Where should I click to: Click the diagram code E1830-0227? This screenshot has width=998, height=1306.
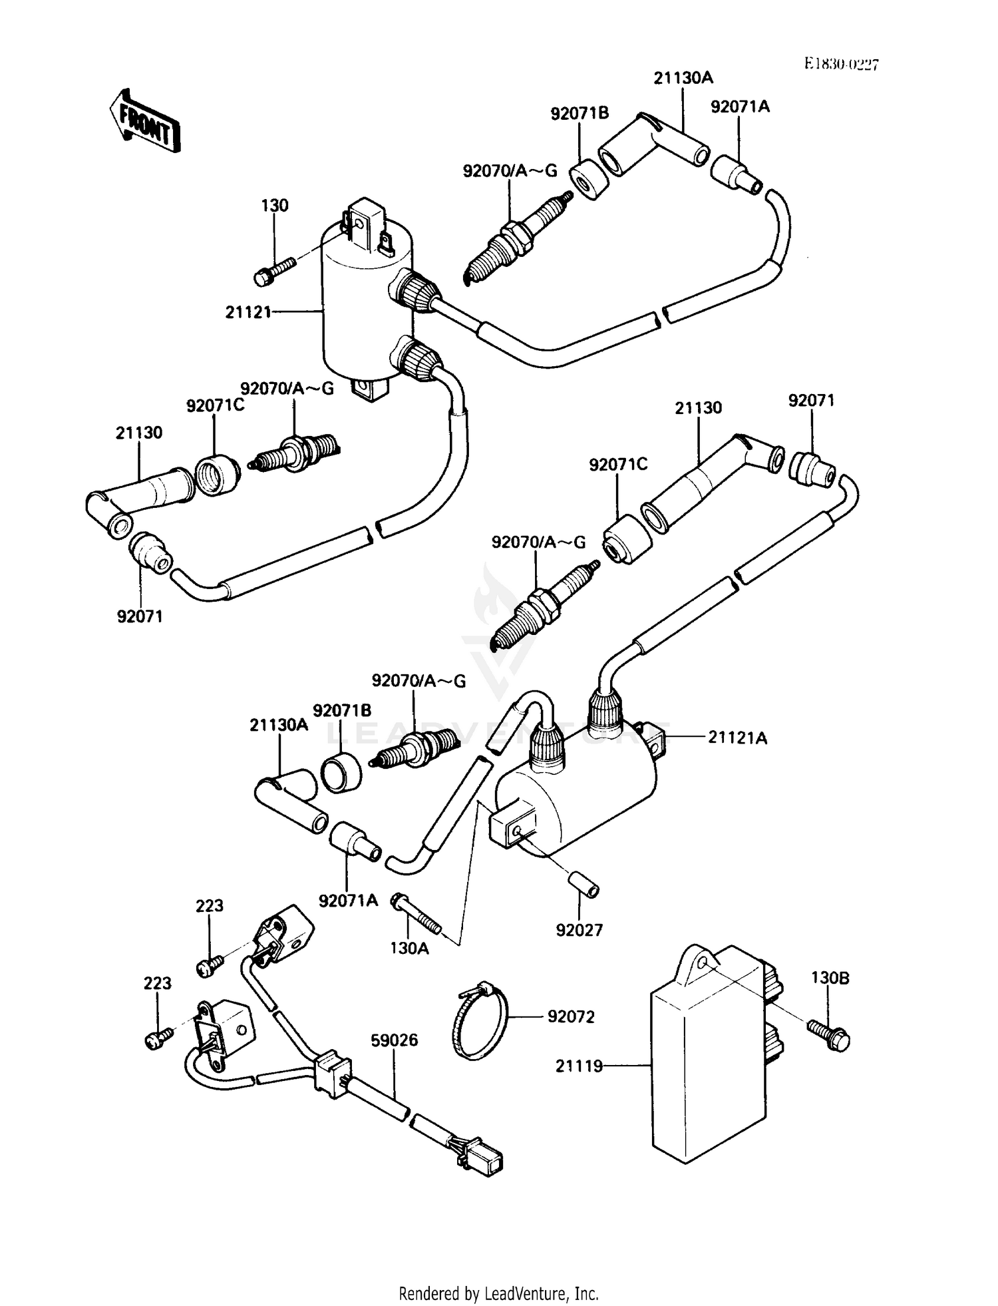[841, 64]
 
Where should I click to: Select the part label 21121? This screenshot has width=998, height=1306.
[248, 312]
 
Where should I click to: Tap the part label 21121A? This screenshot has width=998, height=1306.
[737, 738]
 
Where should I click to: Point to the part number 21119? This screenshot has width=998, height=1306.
[580, 1066]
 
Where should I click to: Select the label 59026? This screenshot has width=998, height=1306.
[394, 1040]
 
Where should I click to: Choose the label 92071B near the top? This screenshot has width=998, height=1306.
[580, 114]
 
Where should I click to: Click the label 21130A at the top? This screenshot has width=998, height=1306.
[683, 78]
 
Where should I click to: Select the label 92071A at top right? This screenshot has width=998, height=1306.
[740, 107]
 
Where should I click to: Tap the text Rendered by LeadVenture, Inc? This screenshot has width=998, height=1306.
[498, 1293]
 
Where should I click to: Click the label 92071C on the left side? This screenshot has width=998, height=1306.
[215, 405]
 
